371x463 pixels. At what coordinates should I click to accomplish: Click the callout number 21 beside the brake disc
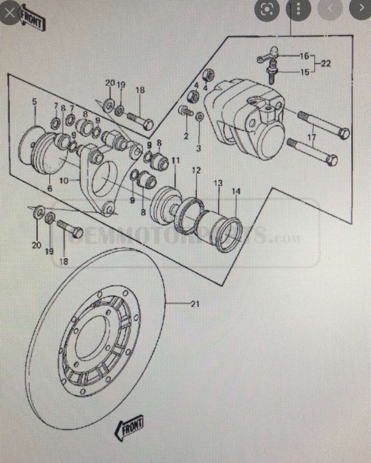195,304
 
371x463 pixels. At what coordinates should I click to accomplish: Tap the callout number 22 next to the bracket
325,63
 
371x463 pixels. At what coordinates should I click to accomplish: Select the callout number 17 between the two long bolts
312,137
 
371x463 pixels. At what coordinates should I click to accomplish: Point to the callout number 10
64,180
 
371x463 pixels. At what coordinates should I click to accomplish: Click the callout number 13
218,183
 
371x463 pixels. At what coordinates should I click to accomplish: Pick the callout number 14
236,191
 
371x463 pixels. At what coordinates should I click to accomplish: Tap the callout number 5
34,102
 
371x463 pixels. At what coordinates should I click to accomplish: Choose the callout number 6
50,188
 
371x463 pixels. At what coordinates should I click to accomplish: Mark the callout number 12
196,170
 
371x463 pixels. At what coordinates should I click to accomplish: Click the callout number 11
176,161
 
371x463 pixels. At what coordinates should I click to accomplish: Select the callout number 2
186,136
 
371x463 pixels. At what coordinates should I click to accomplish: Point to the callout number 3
199,148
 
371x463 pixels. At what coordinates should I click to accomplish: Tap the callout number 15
305,72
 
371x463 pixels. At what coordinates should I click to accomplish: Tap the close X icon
10,13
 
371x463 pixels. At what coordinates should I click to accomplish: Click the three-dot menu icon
298,10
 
